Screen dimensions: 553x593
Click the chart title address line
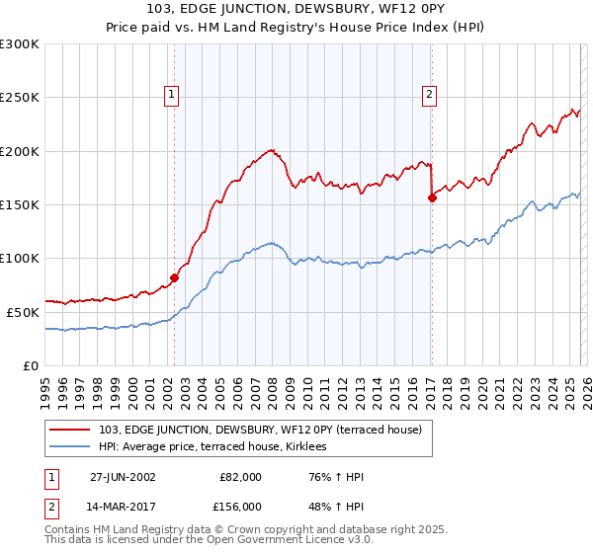click(296, 11)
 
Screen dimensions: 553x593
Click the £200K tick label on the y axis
click(19, 151)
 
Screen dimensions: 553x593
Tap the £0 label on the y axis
click(30, 365)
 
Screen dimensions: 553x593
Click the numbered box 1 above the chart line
click(172, 95)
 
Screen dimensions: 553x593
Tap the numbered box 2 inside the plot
click(430, 95)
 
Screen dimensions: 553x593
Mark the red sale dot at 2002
click(175, 277)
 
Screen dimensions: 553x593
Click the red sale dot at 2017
click(432, 197)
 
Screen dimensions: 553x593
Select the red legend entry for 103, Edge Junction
click(260, 430)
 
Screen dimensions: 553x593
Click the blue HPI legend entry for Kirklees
click(218, 447)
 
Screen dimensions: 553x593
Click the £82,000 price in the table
click(240, 476)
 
